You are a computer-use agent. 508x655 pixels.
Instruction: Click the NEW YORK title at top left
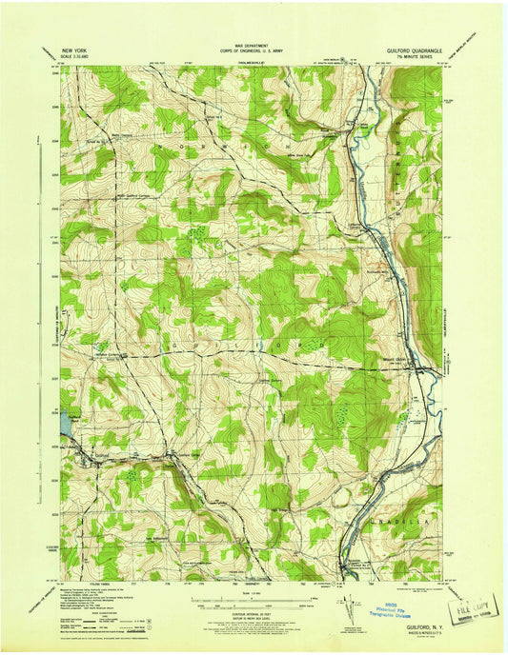78,47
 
